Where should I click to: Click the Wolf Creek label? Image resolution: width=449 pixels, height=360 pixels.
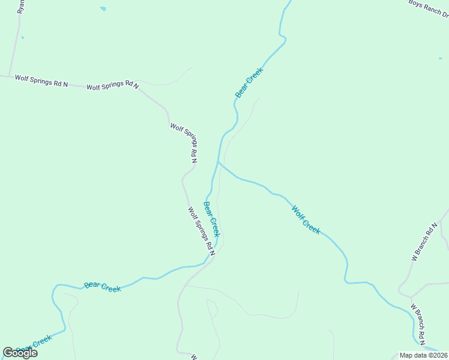[x=306, y=220]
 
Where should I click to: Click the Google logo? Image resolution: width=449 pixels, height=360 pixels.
[x=20, y=353]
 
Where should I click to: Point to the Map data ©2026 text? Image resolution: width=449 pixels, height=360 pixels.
[x=423, y=355]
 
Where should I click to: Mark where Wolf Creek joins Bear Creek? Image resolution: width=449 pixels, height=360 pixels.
[x=218, y=162]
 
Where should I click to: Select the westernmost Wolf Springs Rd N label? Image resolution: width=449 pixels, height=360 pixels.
[x=41, y=80]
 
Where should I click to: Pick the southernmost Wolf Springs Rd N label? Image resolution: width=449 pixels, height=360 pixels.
[x=202, y=229]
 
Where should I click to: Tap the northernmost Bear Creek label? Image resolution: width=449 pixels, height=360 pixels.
[x=249, y=83]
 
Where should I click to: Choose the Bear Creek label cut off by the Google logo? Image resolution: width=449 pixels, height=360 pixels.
[x=35, y=344]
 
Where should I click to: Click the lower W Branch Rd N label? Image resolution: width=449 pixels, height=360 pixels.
[x=418, y=321]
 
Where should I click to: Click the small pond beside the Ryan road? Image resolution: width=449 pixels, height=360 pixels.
[x=23, y=38]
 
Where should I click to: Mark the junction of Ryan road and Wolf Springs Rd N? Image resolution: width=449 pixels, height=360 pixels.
[x=9, y=76]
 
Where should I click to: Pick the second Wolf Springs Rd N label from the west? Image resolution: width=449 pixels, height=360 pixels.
[x=113, y=86]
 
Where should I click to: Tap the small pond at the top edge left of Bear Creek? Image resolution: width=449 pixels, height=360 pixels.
[x=103, y=9]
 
